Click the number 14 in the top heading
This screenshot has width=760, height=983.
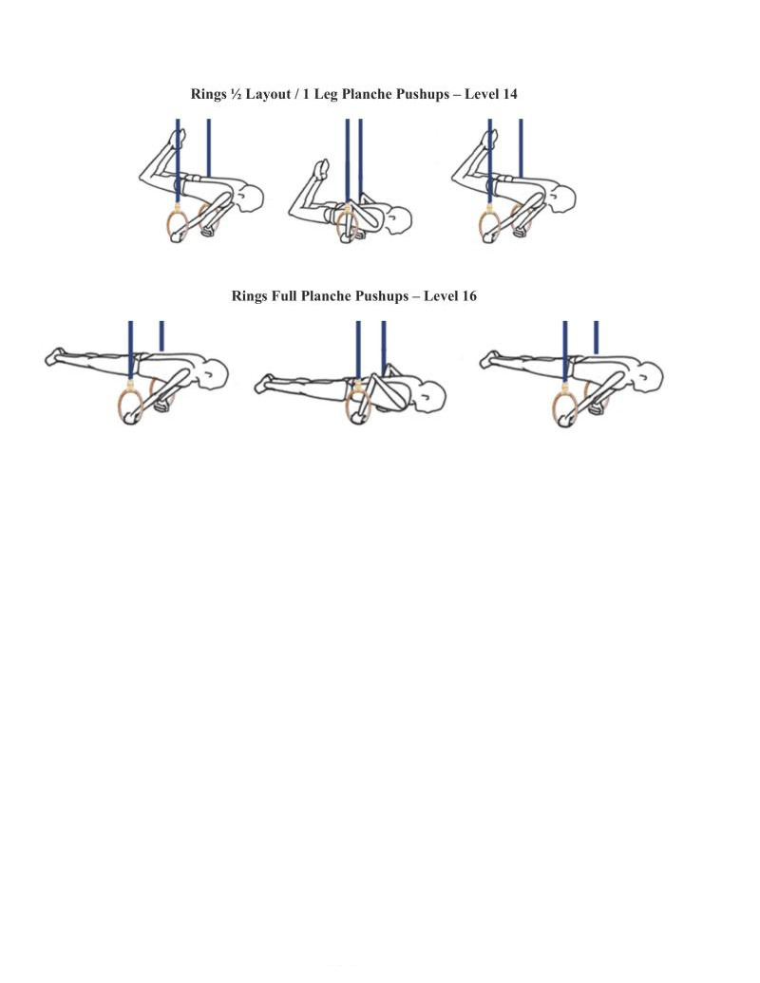pyautogui.click(x=509, y=94)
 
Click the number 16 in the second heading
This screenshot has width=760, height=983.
pyautogui.click(x=468, y=296)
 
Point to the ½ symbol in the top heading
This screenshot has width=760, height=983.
pyautogui.click(x=236, y=94)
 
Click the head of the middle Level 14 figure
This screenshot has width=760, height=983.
pyautogui.click(x=399, y=220)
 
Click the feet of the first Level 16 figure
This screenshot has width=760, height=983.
pyautogui.click(x=55, y=357)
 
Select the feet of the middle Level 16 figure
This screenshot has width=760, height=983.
pyautogui.click(x=264, y=384)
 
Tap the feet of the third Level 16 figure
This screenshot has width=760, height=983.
pyautogui.click(x=489, y=360)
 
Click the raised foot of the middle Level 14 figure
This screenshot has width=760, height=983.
pyautogui.click(x=321, y=168)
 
